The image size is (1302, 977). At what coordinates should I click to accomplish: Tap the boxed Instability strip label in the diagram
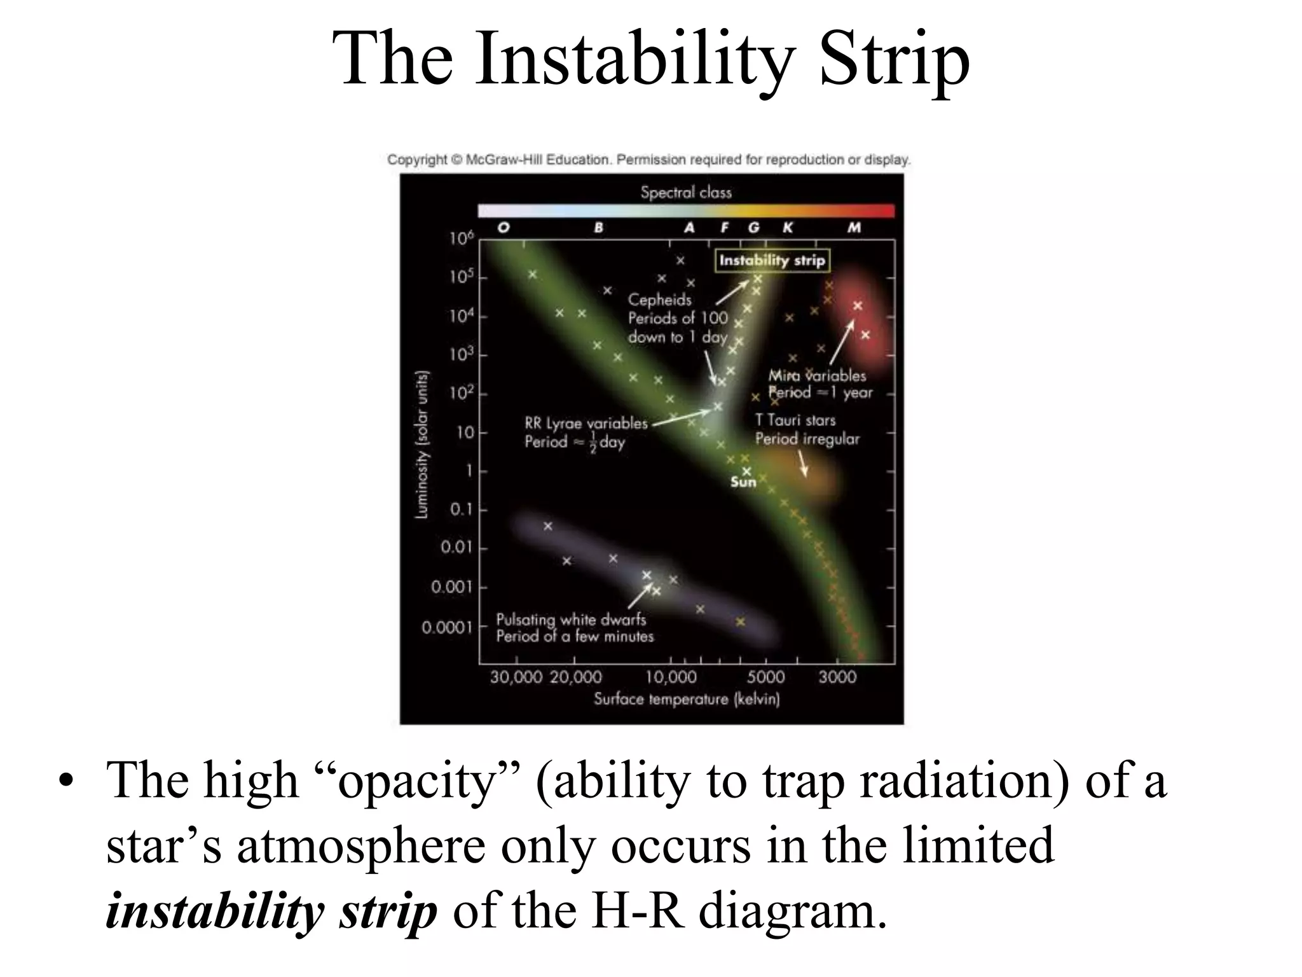tap(772, 260)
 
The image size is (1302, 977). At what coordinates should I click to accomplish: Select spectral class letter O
tap(504, 228)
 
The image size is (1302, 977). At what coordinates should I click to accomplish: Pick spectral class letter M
tap(854, 228)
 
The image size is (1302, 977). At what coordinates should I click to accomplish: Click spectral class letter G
tap(754, 228)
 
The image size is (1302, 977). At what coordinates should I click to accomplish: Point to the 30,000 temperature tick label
tap(516, 677)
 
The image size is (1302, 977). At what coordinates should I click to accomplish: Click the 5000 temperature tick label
tap(765, 677)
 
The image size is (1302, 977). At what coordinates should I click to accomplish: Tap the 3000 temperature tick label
tap(837, 677)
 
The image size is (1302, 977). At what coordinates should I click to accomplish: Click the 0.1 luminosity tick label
tap(461, 509)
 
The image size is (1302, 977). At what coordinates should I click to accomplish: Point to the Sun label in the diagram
tap(743, 482)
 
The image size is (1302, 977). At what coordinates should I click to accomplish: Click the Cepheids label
tap(659, 300)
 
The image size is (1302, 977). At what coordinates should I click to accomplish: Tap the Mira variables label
tap(817, 376)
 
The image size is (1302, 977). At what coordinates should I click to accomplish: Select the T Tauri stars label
tap(795, 420)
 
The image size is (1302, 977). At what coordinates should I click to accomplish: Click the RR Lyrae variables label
tap(586, 424)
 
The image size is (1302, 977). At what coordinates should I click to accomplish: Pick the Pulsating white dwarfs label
tap(571, 620)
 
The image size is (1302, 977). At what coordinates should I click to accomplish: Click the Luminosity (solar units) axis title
tap(421, 444)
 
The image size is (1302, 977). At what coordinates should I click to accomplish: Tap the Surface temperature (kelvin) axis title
tap(687, 700)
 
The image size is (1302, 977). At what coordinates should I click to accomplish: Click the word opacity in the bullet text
tap(417, 780)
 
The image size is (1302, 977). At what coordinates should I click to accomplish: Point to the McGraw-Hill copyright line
tap(648, 160)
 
